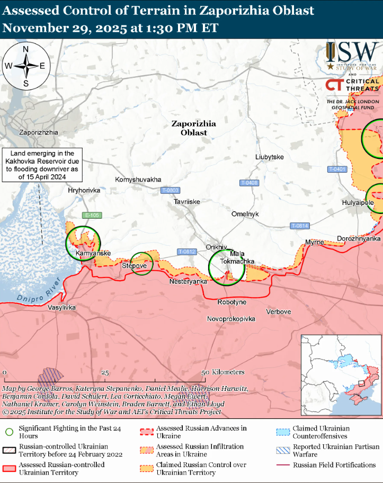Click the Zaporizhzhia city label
[x=38, y=132]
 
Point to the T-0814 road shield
[x=299, y=226]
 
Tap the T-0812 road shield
[x=186, y=252]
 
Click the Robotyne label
[x=232, y=302]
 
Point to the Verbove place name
[x=278, y=311]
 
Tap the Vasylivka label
[x=62, y=308]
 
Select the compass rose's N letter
[x=25, y=49]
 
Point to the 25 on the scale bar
[x=105, y=372]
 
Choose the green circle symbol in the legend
[x=8, y=432]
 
